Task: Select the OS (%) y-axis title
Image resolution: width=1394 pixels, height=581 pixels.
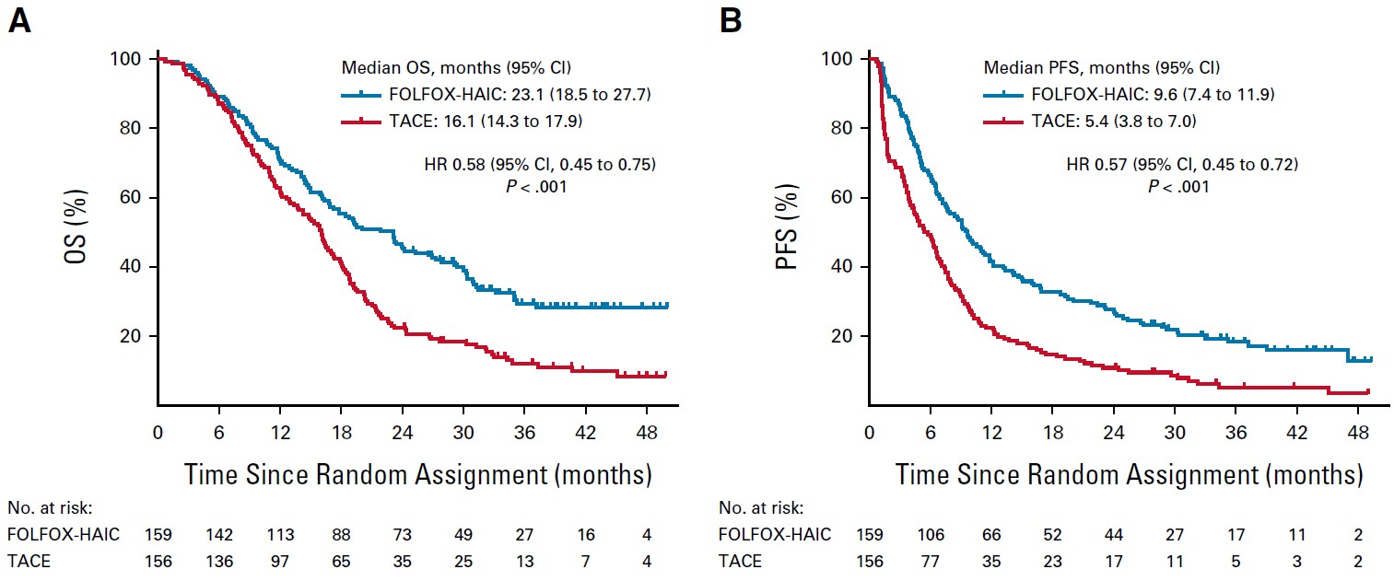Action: pos(81,230)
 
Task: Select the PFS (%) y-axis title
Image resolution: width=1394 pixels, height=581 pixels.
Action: pos(791,230)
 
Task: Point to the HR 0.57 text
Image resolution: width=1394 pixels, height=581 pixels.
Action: pos(1178,166)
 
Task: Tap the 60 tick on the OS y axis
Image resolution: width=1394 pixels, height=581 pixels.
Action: pos(132,198)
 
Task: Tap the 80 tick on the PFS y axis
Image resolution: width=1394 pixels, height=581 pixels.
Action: pos(842,129)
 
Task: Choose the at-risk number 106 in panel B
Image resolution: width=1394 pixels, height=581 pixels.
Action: pos(930,535)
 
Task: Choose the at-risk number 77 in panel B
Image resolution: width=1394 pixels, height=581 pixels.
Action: pos(930,560)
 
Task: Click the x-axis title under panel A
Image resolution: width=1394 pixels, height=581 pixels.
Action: pos(418,475)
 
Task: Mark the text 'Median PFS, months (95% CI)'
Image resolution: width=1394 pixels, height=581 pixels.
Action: pos(1101,68)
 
